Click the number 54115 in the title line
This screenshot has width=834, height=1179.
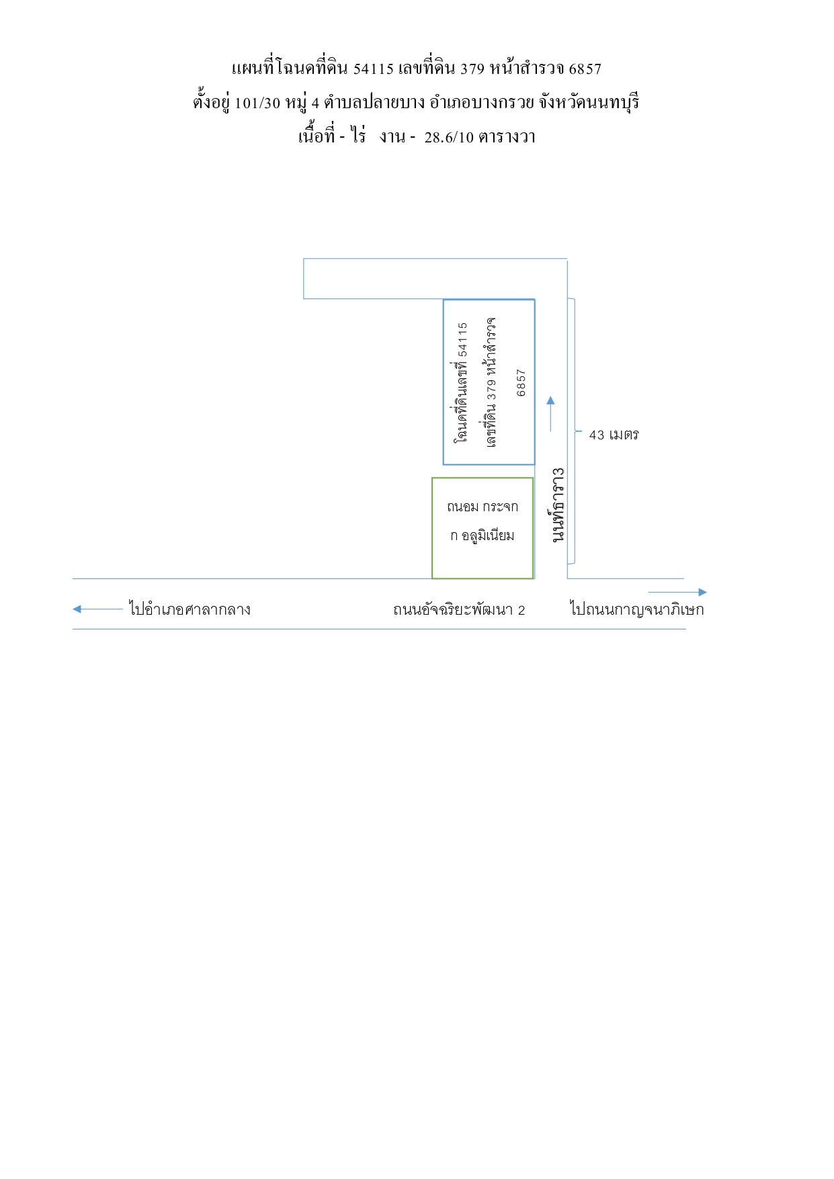click(x=373, y=69)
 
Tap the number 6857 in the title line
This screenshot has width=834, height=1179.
click(x=585, y=69)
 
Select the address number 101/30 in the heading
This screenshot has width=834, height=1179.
click(x=257, y=103)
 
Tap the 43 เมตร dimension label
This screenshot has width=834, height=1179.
click(x=614, y=435)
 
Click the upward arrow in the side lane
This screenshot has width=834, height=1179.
click(x=550, y=414)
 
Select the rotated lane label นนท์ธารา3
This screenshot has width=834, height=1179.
click(x=558, y=505)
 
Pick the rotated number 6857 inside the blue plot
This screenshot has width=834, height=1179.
click(x=521, y=383)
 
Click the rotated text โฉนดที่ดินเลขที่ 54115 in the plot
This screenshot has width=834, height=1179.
click(x=461, y=382)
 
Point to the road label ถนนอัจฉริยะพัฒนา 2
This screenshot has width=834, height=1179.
click(x=459, y=610)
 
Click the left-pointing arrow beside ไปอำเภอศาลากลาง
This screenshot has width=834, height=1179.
click(x=97, y=609)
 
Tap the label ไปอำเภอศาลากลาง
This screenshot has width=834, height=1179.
click(x=190, y=609)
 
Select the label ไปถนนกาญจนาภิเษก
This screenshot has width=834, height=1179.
click(x=637, y=609)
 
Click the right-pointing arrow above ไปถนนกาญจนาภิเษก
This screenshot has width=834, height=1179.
click(x=677, y=593)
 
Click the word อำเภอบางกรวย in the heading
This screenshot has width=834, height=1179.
click(x=482, y=103)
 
